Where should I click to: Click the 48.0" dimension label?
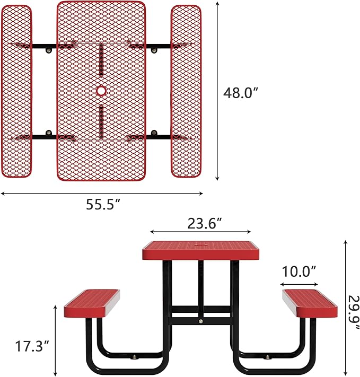coord(240,93)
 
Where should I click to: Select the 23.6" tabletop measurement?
coord(204,224)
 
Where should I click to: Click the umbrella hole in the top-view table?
coord(101,91)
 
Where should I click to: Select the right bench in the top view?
coord(186,91)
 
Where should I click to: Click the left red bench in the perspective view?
coord(92,304)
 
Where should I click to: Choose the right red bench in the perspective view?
coord(310,303)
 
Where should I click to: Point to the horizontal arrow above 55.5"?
coord(102,194)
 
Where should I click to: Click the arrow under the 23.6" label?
coord(200,232)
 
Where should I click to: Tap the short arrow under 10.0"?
coord(298,282)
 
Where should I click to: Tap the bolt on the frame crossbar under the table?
coord(200,321)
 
